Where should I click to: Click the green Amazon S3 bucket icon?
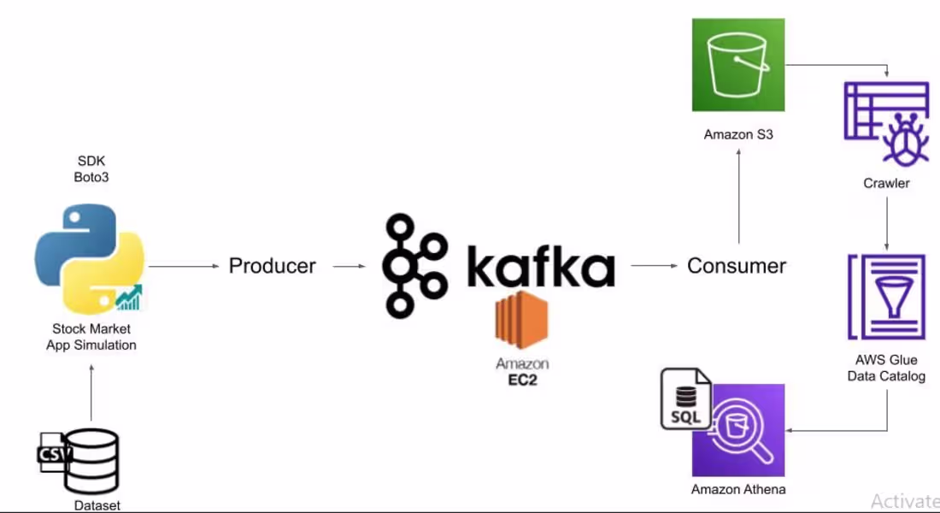738,65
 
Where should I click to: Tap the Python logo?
90,258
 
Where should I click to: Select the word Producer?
272,266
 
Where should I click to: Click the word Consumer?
736,266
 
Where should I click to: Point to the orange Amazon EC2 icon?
521,320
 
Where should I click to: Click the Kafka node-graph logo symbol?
414,265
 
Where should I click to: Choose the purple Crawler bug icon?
887,124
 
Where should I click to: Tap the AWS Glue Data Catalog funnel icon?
886,297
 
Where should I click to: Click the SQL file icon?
686,399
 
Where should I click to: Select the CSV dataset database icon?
79,460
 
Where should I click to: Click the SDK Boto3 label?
91,168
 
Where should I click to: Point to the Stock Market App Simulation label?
91,337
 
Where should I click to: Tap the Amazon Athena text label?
738,489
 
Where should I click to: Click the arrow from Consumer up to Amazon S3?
738,196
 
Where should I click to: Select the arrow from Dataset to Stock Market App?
91,392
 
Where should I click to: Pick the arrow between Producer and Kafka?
349,266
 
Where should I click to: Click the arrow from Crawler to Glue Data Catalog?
887,223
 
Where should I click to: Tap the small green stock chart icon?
129,297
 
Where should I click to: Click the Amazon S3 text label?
738,134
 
